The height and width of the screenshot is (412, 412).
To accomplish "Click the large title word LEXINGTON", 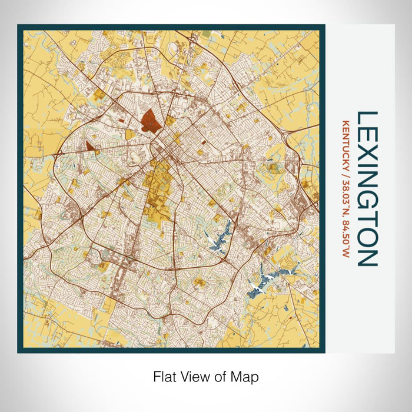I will point(367,188).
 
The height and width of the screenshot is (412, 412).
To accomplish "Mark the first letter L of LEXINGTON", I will point(367,118).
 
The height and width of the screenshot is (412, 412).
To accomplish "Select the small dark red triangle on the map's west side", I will point(89,146).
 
